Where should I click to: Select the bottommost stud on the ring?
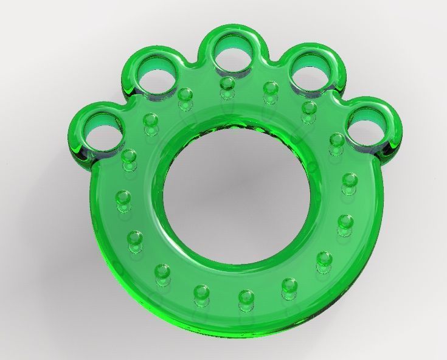[245, 298]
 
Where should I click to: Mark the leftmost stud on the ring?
[123, 198]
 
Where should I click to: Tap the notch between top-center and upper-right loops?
[272, 61]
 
